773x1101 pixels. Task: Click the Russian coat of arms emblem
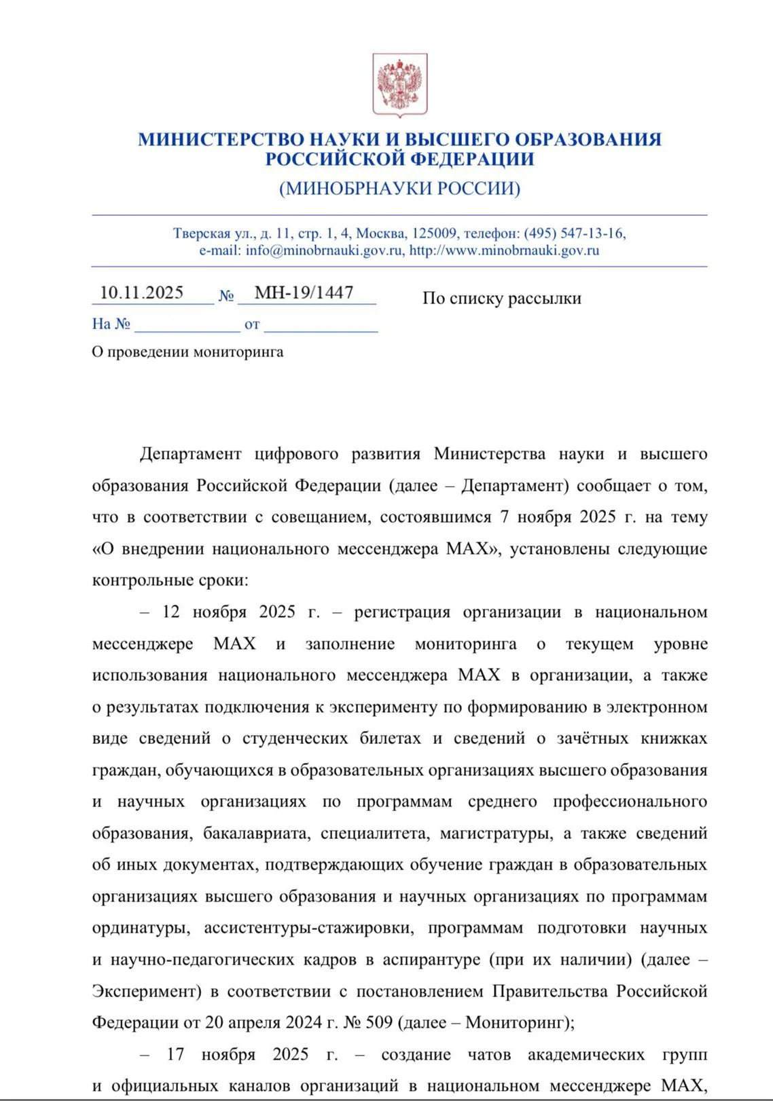click(399, 85)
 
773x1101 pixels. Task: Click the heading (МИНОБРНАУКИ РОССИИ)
click(399, 189)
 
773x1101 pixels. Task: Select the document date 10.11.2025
click(141, 293)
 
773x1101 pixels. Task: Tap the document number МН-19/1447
click(304, 293)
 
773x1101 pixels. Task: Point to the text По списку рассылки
click(501, 299)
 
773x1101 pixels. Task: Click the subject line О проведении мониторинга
click(187, 352)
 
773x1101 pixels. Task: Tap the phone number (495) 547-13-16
click(574, 234)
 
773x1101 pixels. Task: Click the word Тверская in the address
click(202, 234)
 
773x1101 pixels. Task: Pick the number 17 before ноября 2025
click(175, 1054)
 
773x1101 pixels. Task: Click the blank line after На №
click(187, 324)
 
